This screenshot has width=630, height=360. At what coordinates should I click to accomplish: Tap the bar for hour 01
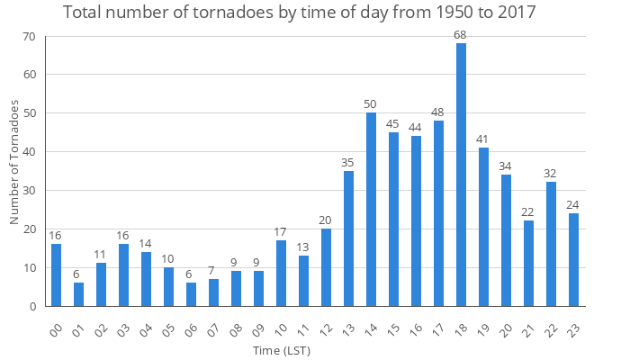tap(78, 294)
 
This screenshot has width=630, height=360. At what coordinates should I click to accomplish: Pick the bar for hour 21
tap(528, 264)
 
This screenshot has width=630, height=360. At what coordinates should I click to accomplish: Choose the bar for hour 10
tap(281, 274)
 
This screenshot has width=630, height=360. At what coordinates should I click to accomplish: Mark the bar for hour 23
tap(573, 260)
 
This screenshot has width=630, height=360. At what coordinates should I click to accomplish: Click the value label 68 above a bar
tap(461, 35)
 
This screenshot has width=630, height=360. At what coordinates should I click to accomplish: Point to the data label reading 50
tap(371, 104)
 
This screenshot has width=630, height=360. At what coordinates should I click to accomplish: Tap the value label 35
tap(348, 162)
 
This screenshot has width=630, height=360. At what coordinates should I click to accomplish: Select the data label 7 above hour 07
tap(213, 270)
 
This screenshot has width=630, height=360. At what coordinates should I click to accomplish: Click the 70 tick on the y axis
tap(30, 37)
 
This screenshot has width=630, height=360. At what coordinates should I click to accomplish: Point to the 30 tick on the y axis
tap(30, 191)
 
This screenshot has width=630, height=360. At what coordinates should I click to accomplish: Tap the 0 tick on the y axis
tap(33, 306)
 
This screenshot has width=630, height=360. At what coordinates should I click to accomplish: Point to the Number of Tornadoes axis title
tap(14, 162)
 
